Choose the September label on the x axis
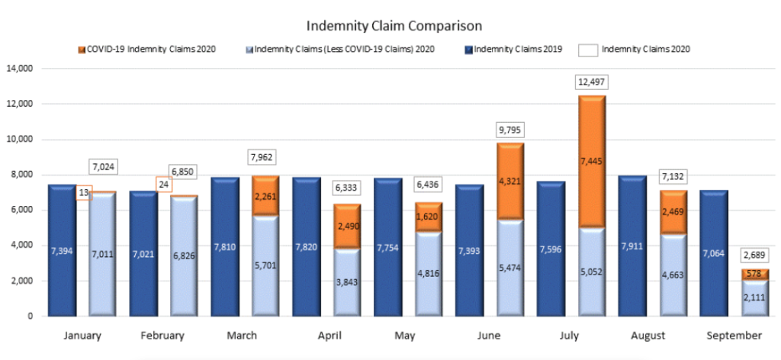coord(734,336)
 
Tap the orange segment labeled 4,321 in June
coord(509,181)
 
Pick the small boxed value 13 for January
coord(83,194)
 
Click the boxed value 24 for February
coord(163,184)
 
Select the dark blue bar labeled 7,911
coord(635,246)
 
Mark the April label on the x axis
coord(329,336)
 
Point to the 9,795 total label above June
coord(509,129)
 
